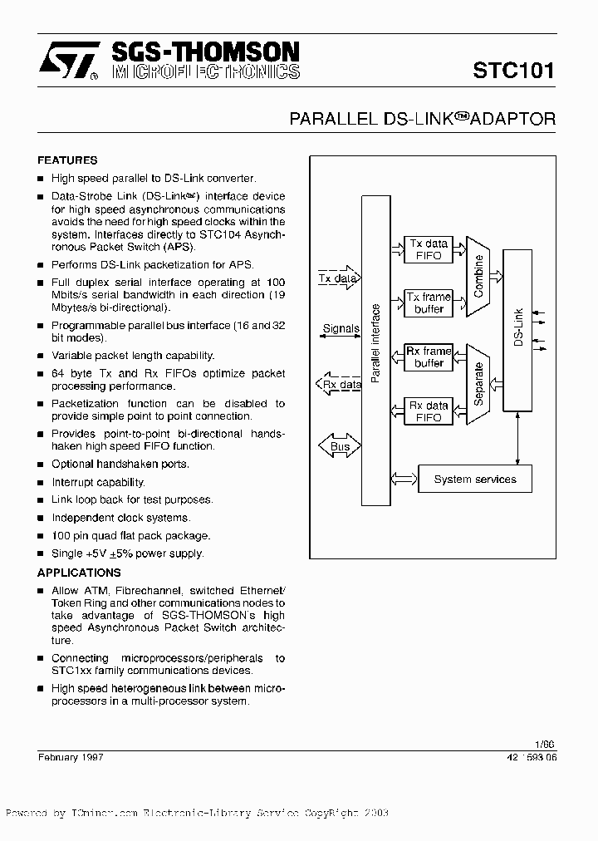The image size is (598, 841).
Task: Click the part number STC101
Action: coord(513,70)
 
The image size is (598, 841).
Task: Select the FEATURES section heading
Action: coord(67,160)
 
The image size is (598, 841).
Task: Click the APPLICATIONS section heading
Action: coord(79,573)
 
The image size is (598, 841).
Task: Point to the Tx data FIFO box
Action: coord(429,249)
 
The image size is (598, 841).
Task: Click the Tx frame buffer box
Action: coord(429,303)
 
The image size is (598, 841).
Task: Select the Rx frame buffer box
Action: coord(429,357)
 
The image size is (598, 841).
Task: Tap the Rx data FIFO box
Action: coord(429,411)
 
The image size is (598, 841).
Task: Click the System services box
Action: coord(474,480)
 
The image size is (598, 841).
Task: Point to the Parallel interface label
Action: coord(375,343)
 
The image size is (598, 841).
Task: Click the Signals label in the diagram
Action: coord(340,329)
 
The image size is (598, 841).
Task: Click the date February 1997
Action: coord(71,757)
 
